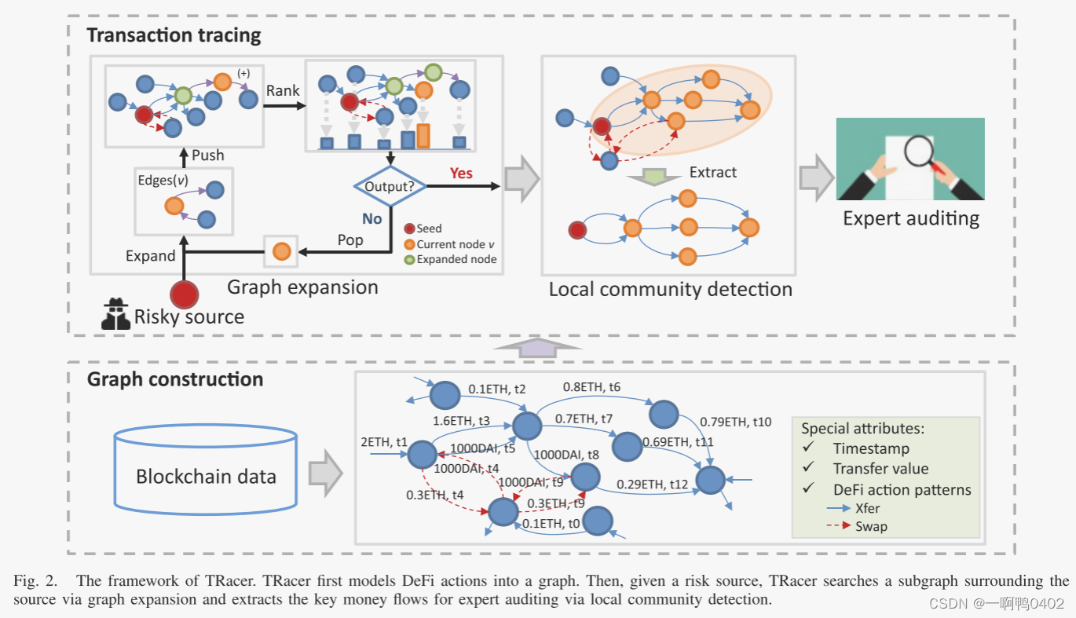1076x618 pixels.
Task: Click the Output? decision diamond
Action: pyautogui.click(x=390, y=187)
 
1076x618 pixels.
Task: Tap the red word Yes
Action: pyautogui.click(x=461, y=172)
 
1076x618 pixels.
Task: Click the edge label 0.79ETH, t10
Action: pyautogui.click(x=735, y=422)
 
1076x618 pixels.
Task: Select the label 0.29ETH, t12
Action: pyautogui.click(x=653, y=485)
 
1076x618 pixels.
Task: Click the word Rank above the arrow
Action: pyautogui.click(x=283, y=90)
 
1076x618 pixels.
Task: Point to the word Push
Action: pyautogui.click(x=208, y=155)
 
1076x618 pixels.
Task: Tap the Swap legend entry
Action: pyautogui.click(x=871, y=526)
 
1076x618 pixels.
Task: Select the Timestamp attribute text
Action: pyautogui.click(x=871, y=448)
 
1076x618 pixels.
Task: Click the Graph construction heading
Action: pyautogui.click(x=174, y=379)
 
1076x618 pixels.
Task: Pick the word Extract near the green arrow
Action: pyautogui.click(x=712, y=172)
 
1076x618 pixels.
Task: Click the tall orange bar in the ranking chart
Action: pyautogui.click(x=423, y=135)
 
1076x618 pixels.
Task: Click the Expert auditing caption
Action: pyautogui.click(x=910, y=218)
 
